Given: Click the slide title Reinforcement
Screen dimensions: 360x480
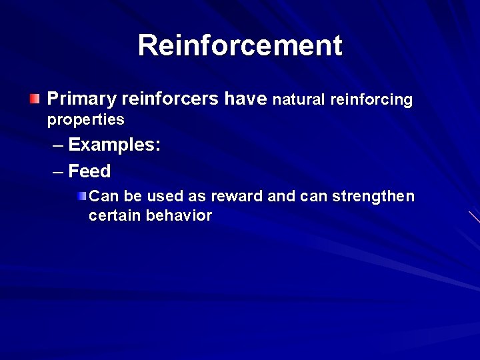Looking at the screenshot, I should click(x=240, y=45).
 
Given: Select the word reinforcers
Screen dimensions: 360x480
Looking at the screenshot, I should click(x=170, y=99).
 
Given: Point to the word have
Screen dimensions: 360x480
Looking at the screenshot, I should click(x=246, y=99).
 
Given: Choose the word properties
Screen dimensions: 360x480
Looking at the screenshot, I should click(x=85, y=120).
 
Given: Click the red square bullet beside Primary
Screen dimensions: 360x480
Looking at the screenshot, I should click(x=34, y=99).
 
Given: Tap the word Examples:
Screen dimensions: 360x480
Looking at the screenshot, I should click(x=114, y=145).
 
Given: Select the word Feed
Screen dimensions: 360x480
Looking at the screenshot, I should click(x=89, y=171).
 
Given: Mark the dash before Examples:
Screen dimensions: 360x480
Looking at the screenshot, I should click(x=58, y=145).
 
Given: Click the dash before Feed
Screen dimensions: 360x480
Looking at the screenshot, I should click(x=58, y=172).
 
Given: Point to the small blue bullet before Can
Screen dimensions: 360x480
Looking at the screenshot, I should click(x=81, y=196).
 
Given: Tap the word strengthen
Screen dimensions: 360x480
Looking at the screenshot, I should click(x=373, y=197).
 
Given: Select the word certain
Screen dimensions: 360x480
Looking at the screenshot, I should click(x=115, y=215).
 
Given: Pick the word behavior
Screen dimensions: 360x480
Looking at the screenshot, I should click(x=179, y=215).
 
